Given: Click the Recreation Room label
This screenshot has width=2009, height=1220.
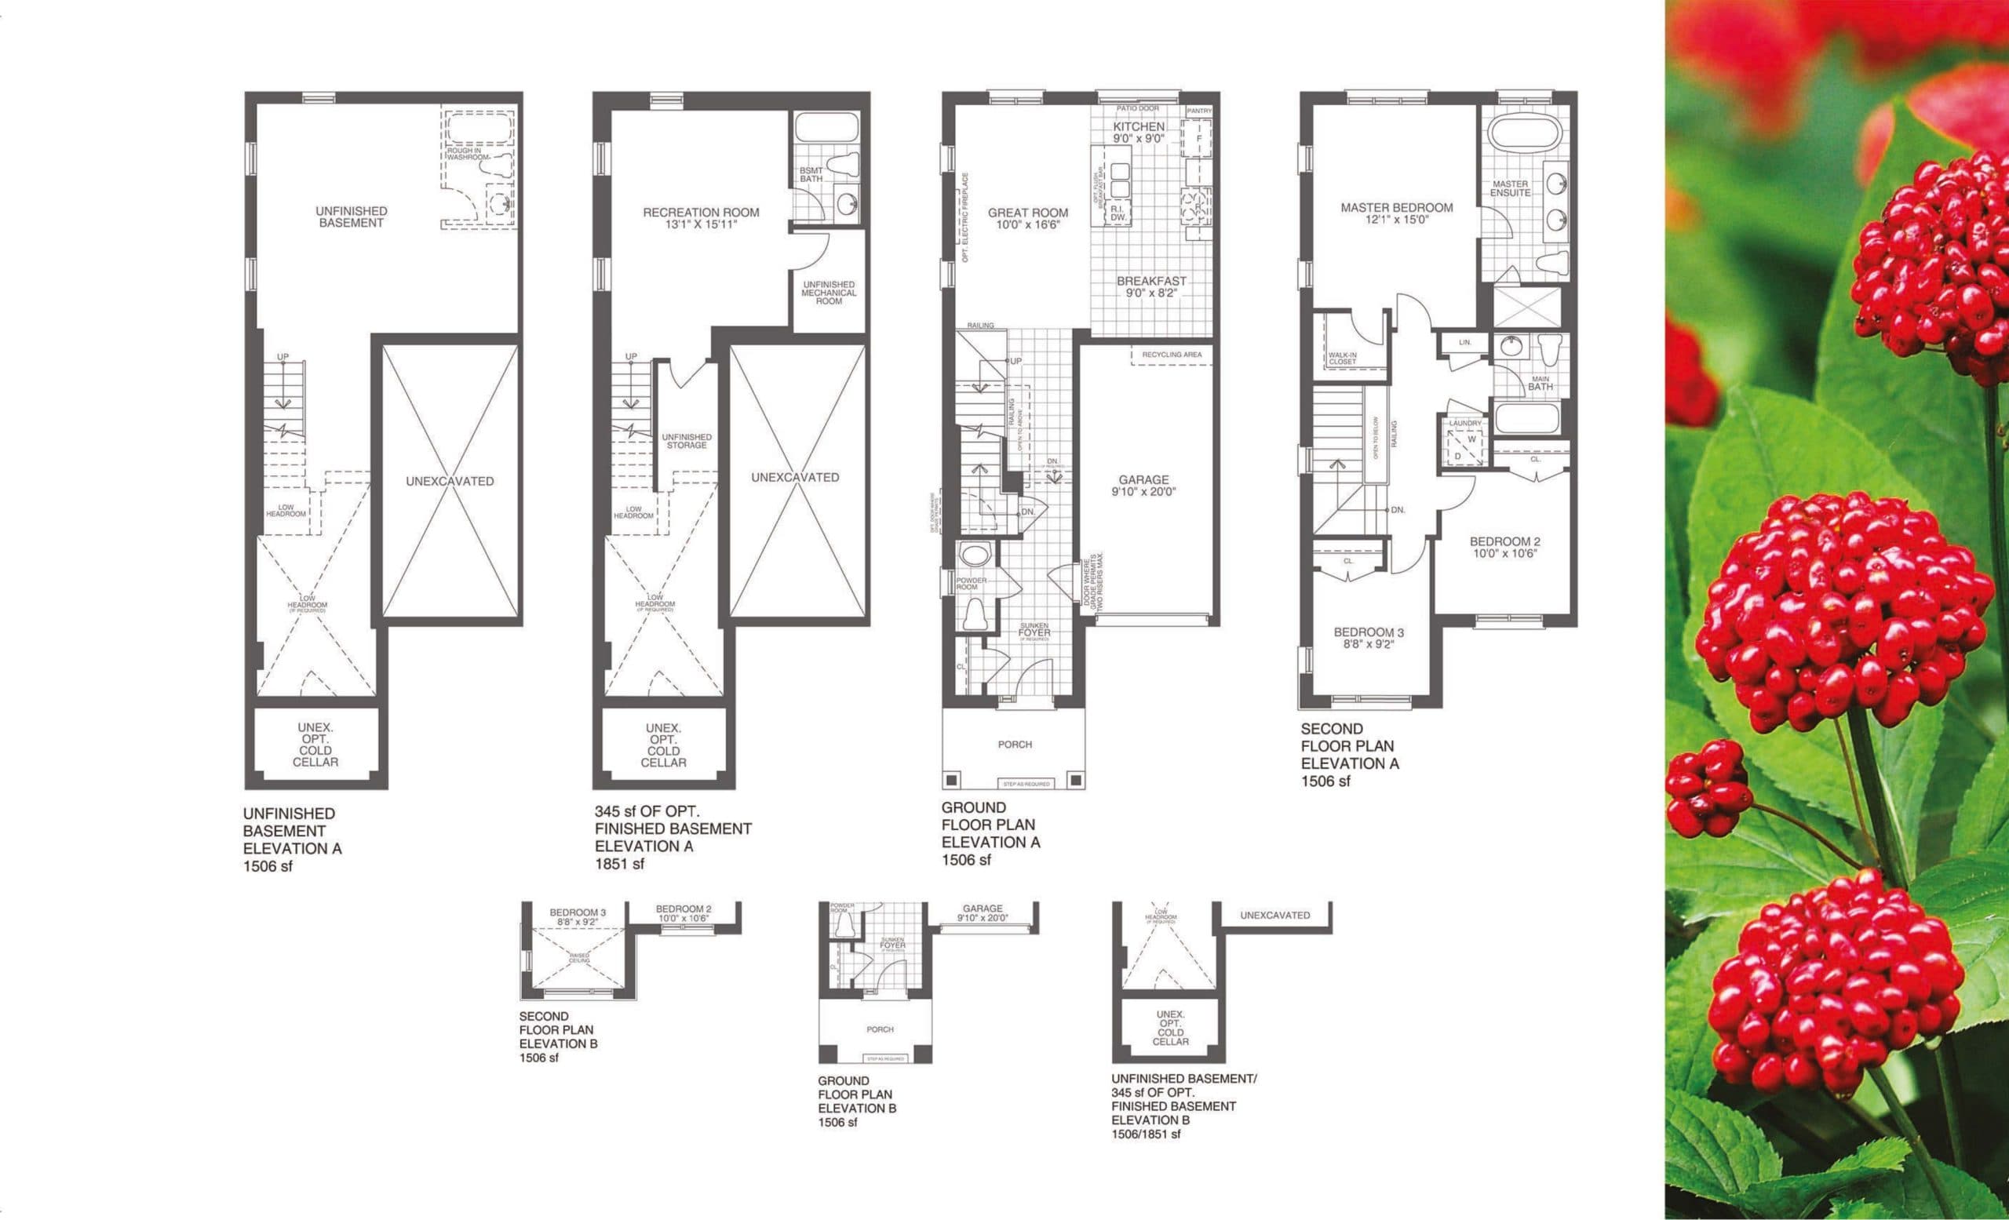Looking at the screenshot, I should (700, 217).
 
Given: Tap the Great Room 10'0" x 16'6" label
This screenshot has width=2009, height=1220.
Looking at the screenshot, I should (1027, 218).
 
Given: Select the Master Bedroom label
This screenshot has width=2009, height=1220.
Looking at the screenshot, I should (1396, 213).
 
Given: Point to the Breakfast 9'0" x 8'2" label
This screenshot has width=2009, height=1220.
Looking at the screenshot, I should (1151, 287).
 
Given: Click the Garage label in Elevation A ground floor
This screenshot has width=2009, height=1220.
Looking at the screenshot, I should (1143, 486).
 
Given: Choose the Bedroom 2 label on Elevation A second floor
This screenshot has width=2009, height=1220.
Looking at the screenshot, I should (1504, 547).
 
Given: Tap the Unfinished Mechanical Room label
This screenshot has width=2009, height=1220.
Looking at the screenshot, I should (829, 293).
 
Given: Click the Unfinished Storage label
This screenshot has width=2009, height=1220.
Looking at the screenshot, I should (687, 441).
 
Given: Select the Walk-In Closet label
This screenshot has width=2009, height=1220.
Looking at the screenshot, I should (1342, 359).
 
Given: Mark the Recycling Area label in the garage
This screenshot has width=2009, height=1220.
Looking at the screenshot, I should (1171, 355).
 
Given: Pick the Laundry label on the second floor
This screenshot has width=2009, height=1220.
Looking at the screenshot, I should (1464, 424).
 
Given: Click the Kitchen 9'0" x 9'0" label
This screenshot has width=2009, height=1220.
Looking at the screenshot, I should (1138, 132).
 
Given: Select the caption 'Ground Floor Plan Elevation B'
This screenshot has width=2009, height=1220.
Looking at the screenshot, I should (856, 1101).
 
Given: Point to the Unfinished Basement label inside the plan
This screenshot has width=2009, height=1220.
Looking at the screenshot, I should (352, 217).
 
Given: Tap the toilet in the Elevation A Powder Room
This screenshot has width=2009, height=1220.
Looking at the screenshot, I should (975, 613).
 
